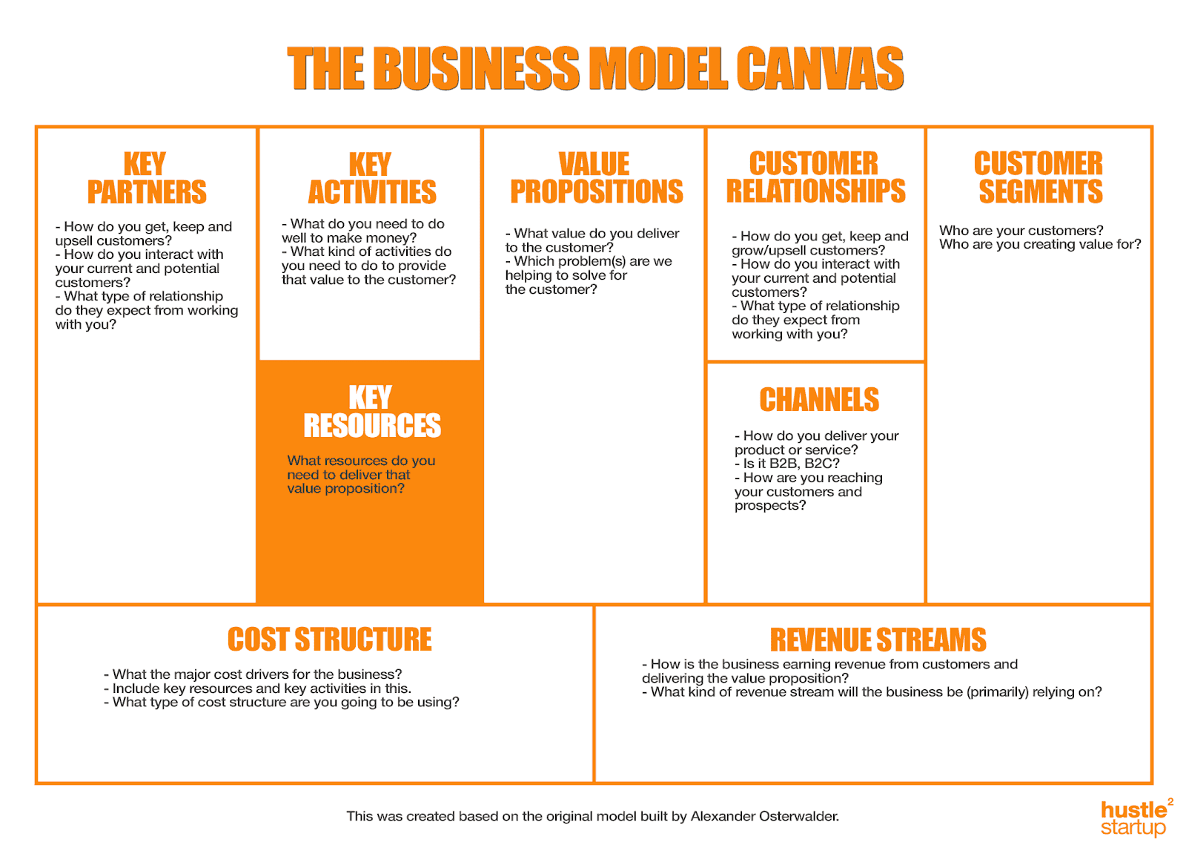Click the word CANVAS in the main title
click(819, 69)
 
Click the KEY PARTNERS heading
click(146, 178)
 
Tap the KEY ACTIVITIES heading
click(371, 179)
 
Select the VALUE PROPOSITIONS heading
click(596, 178)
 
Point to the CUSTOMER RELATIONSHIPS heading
click(815, 177)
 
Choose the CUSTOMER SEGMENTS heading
click(1039, 178)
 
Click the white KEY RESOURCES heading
click(371, 412)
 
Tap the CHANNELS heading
click(819, 400)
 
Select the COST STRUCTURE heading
click(329, 640)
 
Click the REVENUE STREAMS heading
click(878, 640)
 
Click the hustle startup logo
click(1135, 818)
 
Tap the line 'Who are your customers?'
click(1021, 231)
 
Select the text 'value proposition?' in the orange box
click(345, 489)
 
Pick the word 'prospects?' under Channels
click(769, 506)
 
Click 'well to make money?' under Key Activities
click(348, 238)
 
